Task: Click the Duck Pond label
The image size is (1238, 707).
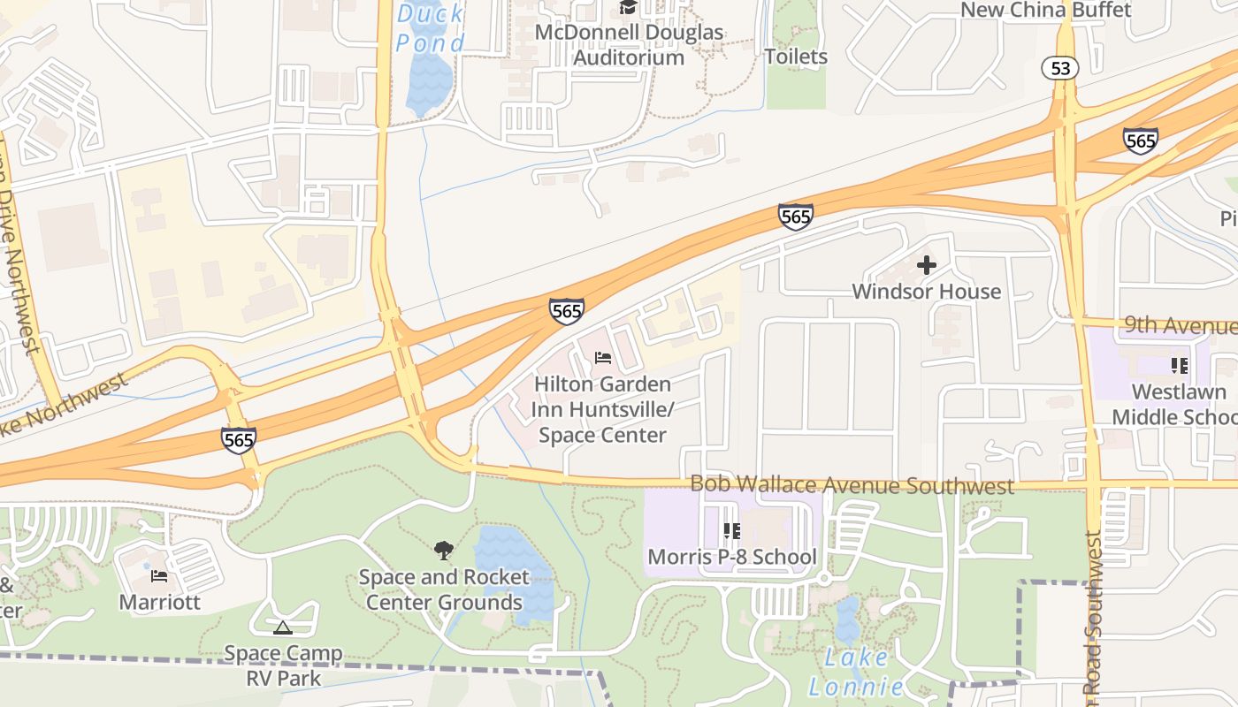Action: point(431,27)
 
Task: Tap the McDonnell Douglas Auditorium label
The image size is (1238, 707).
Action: point(629,45)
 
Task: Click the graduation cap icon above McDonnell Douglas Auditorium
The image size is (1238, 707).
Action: point(628,8)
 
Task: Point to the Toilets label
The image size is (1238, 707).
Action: point(796,57)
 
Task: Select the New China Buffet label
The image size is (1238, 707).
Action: point(1045,10)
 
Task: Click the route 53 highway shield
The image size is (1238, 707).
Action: point(1059,68)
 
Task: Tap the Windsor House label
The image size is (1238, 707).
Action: point(926,292)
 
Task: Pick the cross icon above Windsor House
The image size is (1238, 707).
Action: point(927,264)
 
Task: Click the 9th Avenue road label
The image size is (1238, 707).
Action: point(1180,326)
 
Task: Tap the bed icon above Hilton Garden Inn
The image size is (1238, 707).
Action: point(603,358)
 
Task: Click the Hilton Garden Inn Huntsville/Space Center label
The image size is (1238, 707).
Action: point(602,409)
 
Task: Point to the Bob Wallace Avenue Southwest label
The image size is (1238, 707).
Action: point(852,485)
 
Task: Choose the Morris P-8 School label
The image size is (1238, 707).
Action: point(732,557)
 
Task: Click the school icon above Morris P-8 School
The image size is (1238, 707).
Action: point(731,531)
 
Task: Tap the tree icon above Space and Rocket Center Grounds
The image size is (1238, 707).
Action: point(444,551)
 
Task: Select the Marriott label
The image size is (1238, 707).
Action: point(160,602)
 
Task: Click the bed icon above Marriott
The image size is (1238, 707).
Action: point(159,576)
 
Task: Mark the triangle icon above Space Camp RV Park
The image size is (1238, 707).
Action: point(282,628)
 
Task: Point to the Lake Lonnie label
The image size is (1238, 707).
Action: point(856,672)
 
